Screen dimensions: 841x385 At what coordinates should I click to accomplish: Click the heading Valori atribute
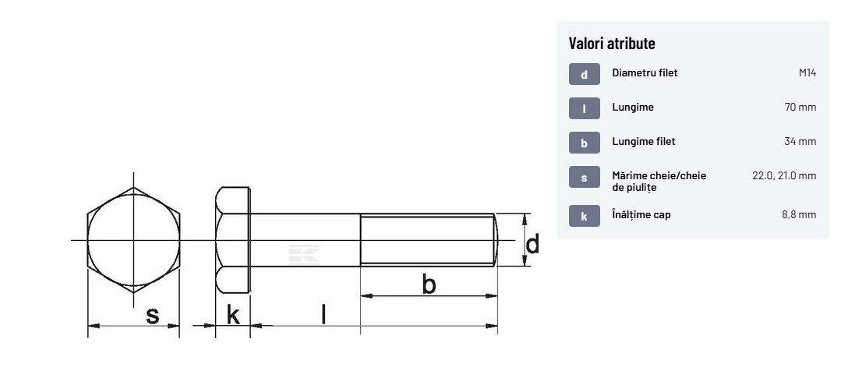(x=612, y=43)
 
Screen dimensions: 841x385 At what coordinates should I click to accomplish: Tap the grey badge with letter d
(x=584, y=74)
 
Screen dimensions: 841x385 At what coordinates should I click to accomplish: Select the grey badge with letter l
(x=584, y=108)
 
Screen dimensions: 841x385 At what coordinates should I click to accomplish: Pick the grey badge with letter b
(x=584, y=143)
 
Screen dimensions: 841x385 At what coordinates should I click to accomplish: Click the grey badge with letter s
(x=584, y=178)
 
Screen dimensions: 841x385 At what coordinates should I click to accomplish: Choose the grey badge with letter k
(x=584, y=216)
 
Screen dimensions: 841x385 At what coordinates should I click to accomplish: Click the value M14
(x=807, y=73)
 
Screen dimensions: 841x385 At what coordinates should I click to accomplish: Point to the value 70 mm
(x=800, y=108)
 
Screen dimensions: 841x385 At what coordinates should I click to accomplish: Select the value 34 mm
(x=800, y=142)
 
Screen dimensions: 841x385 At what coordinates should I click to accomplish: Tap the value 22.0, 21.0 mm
(x=784, y=176)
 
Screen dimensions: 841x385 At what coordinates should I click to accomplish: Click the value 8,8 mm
(x=799, y=215)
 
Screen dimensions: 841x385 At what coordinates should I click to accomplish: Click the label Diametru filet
(x=645, y=73)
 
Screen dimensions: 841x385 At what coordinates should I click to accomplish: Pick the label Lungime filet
(x=644, y=142)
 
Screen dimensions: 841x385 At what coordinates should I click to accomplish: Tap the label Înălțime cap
(x=641, y=214)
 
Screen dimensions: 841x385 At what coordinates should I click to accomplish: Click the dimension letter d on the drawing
(x=532, y=245)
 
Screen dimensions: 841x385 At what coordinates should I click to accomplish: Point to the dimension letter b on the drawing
(x=429, y=284)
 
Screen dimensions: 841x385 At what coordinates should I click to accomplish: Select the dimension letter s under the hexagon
(x=152, y=316)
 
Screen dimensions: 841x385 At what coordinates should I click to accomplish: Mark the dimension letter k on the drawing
(x=233, y=315)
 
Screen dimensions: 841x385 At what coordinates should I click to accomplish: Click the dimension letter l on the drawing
(x=323, y=314)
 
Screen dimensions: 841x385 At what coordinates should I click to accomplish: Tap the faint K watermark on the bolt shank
(x=305, y=254)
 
